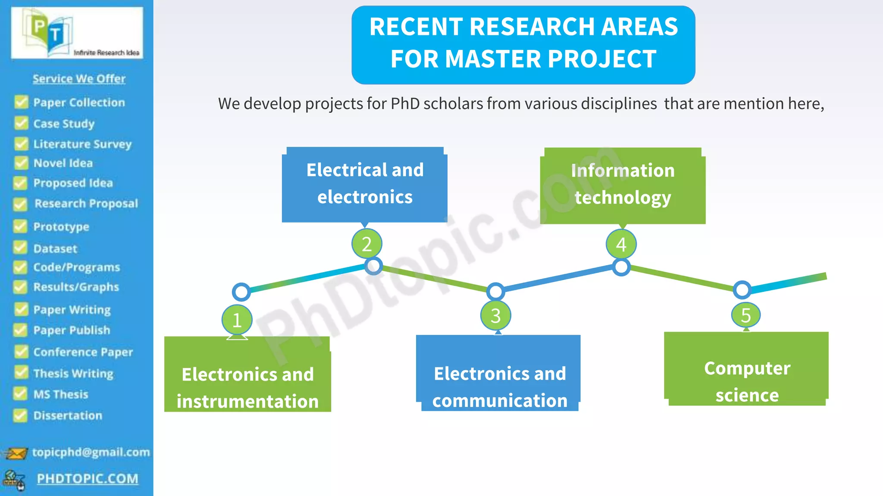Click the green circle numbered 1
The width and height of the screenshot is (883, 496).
click(x=237, y=320)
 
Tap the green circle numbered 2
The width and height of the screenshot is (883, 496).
click(x=366, y=244)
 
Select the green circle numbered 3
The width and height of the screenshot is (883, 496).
click(x=496, y=316)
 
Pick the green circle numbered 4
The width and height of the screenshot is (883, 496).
click(x=621, y=245)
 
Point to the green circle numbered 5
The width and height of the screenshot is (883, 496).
click(x=746, y=315)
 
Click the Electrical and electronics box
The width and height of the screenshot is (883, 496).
click(x=365, y=184)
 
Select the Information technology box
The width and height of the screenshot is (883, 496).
click(x=623, y=185)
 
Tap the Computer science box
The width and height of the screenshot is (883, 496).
click(x=746, y=369)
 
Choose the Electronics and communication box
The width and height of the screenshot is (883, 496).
click(x=499, y=373)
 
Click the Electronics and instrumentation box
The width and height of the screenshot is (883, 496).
click(x=247, y=375)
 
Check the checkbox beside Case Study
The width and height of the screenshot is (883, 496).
click(x=21, y=124)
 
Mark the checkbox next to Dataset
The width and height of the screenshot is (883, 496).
click(x=20, y=248)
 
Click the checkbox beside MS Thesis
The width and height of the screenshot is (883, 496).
click(x=20, y=394)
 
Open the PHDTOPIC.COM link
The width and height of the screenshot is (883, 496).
click(x=88, y=479)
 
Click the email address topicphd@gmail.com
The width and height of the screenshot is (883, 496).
click(x=91, y=452)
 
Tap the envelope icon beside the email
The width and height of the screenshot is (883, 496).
click(x=16, y=453)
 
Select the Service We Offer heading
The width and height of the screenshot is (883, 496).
click(x=79, y=79)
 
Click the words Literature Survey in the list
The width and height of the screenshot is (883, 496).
click(x=82, y=144)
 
